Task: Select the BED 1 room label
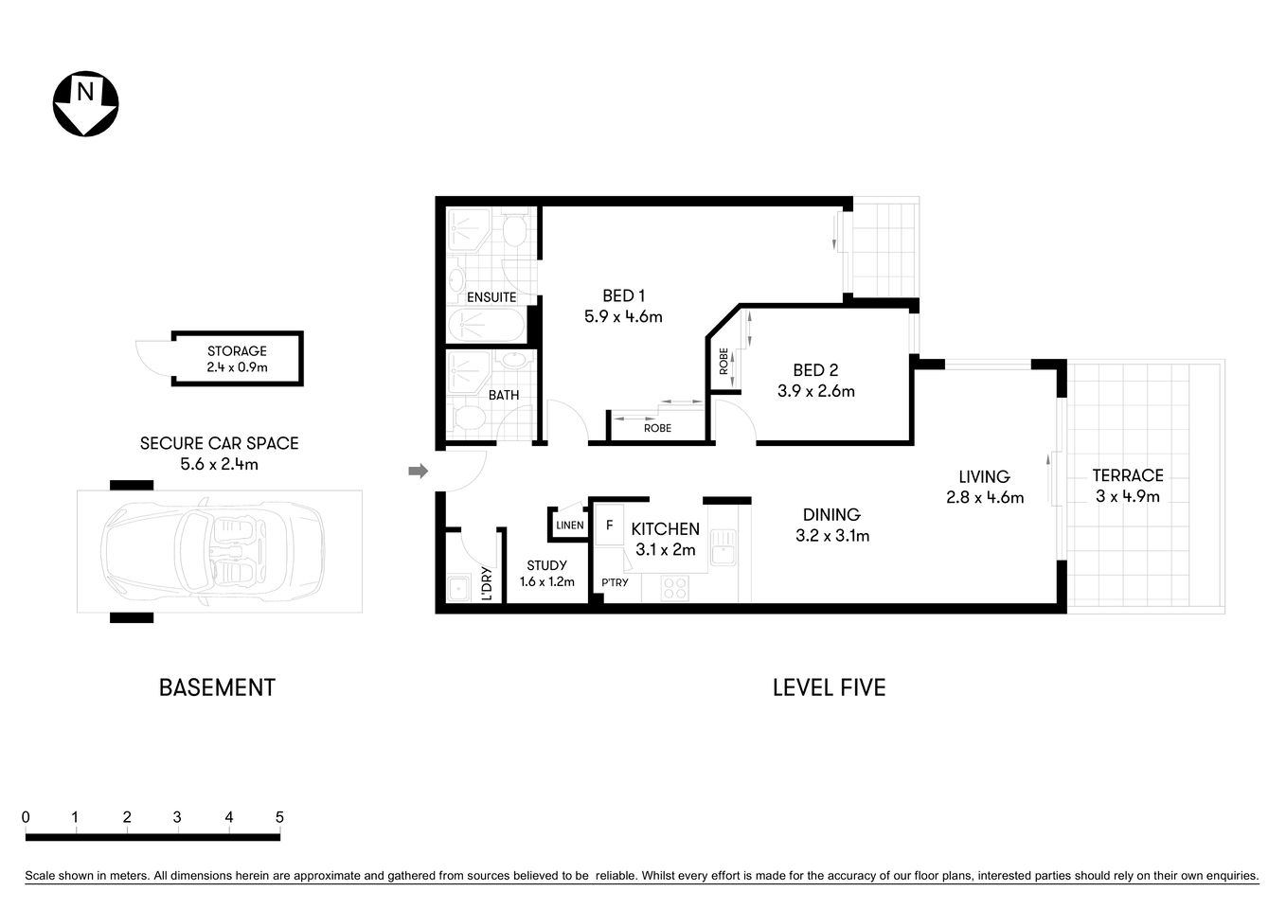[x=623, y=296]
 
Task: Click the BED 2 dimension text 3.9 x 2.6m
[x=815, y=391]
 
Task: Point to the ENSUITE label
[x=491, y=297]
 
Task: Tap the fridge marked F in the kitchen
[x=610, y=525]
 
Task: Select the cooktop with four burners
[x=674, y=588]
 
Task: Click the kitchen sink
[x=724, y=549]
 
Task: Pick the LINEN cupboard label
[x=569, y=526]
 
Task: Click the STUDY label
[x=546, y=565]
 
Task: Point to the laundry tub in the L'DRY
[x=459, y=588]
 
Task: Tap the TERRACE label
[x=1127, y=475]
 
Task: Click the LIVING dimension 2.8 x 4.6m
[x=985, y=497]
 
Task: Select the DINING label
[x=831, y=515]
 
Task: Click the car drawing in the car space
[x=214, y=550]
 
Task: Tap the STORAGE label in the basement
[x=237, y=351]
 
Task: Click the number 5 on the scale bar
[x=278, y=817]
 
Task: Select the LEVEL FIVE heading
[x=829, y=687]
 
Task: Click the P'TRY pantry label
[x=614, y=582]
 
